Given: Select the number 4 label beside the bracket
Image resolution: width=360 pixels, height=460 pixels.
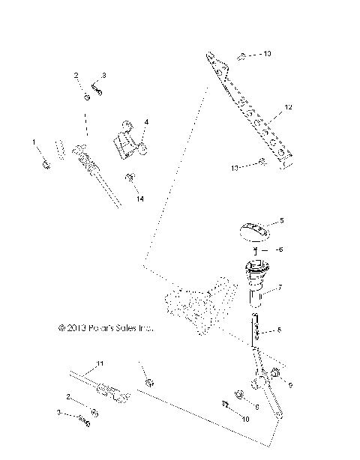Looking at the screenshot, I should pyautogui.click(x=146, y=121).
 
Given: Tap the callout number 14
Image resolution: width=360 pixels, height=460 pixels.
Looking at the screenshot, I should pyautogui.click(x=118, y=198).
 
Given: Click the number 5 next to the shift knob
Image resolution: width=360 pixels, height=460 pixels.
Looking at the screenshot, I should pyautogui.click(x=281, y=221).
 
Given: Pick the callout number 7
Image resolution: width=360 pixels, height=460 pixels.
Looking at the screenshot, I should pyautogui.click(x=280, y=287).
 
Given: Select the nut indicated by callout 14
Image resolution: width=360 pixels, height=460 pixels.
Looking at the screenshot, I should pyautogui.click(x=109, y=178).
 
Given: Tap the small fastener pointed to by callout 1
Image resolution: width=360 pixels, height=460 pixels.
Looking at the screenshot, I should pyautogui.click(x=46, y=163).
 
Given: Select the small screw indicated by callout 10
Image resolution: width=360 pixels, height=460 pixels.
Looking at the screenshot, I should pyautogui.click(x=224, y=405).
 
